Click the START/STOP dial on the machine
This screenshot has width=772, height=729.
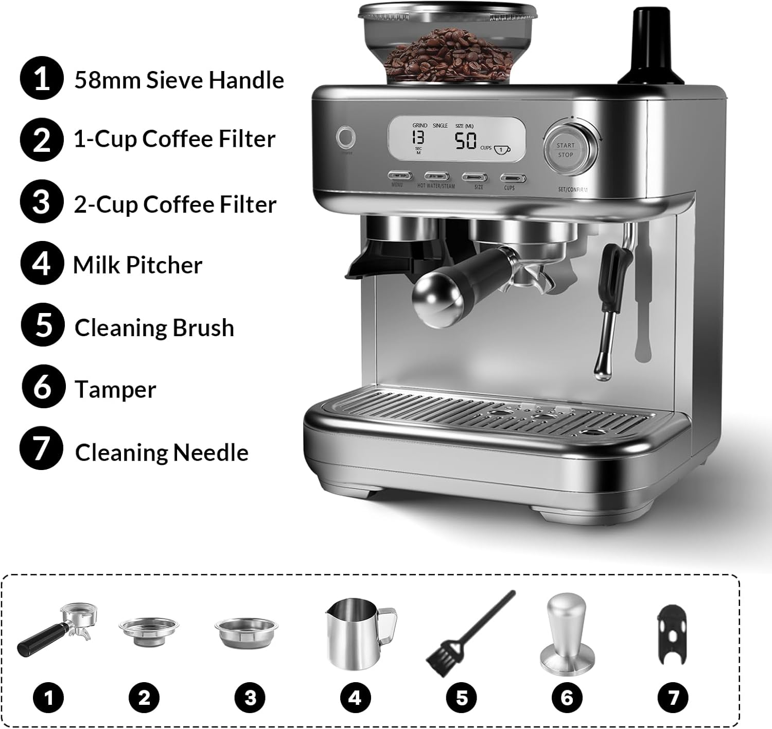565,150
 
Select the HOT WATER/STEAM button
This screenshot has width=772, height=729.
436,177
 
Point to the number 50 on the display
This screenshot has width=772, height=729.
465,141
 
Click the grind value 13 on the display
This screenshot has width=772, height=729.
418,137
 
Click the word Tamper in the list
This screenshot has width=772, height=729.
115,390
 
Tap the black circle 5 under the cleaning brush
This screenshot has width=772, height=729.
462,698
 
